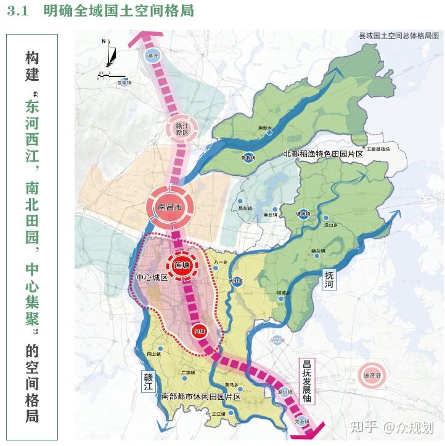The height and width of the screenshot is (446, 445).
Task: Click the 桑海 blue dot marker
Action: point(152,56)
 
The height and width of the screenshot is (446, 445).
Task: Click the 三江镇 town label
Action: point(219,414)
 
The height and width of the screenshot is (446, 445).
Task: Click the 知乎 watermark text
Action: point(363,426)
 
